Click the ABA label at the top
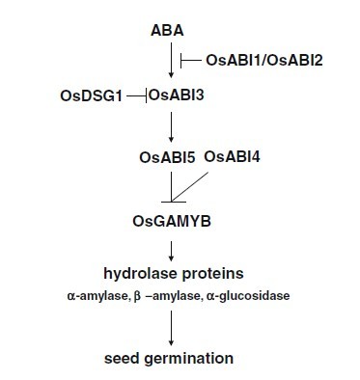pyautogui.click(x=167, y=31)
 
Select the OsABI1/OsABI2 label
pyautogui.click(x=264, y=60)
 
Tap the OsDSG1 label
pyautogui.click(x=92, y=96)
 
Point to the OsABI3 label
pyautogui.click(x=177, y=95)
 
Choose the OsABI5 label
pyautogui.click(x=167, y=158)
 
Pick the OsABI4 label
pyautogui.click(x=232, y=157)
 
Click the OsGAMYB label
pyautogui.click(x=172, y=222)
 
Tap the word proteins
pyautogui.click(x=213, y=274)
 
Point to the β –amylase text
pyautogui.click(x=168, y=296)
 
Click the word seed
pyautogui.click(x=122, y=358)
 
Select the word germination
pyautogui.click(x=189, y=359)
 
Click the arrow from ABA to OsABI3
pyautogui.click(x=171, y=60)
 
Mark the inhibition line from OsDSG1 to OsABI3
pyautogui.click(x=137, y=95)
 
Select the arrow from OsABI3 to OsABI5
pyautogui.click(x=171, y=127)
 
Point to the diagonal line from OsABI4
pyautogui.click(x=190, y=187)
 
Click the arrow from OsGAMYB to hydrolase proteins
pyautogui.click(x=171, y=251)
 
